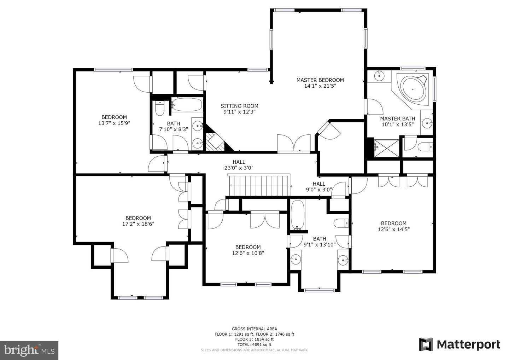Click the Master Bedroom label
coord(320,80)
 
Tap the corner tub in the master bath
coord(413,89)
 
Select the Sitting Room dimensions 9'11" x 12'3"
coord(239,112)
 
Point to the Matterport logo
coord(460,344)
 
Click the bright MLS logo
coord(29,350)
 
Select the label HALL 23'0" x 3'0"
coord(239,165)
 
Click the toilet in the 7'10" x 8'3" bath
coord(159,109)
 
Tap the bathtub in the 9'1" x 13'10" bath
coord(297,215)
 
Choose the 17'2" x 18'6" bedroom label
coord(138,221)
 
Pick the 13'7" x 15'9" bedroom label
coord(114,120)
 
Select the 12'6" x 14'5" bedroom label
coord(393,226)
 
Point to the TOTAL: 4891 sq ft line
coord(254,344)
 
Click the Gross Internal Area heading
coord(254,329)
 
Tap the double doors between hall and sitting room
coord(294,144)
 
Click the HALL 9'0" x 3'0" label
coord(319,186)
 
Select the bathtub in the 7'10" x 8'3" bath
coord(187,105)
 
